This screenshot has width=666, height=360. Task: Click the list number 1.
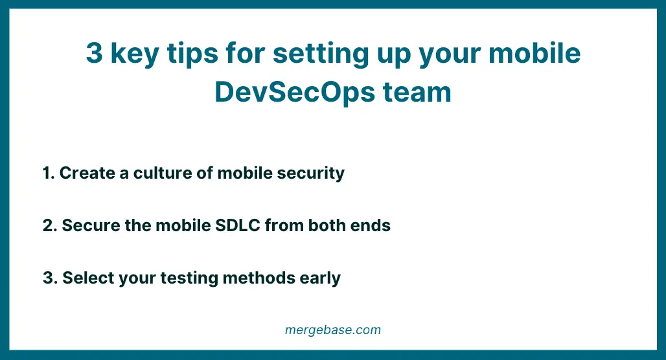coord(47,174)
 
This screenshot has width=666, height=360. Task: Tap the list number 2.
coord(49,226)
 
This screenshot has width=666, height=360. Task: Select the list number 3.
coord(49,278)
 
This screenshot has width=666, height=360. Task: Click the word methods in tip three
coord(258,278)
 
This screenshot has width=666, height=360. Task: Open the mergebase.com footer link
coord(333,330)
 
